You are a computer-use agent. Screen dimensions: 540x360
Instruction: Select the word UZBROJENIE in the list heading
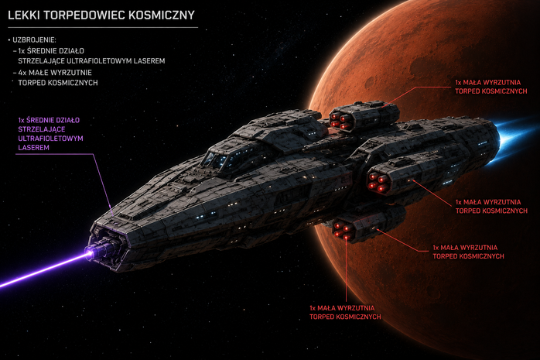[x=33, y=40]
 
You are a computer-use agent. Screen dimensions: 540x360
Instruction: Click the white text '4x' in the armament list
[x=22, y=73]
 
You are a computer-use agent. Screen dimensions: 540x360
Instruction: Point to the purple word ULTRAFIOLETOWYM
[x=50, y=139]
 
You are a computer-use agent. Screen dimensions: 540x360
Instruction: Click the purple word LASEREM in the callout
[x=33, y=148]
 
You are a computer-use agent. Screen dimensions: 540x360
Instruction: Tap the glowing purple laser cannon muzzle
[x=91, y=254]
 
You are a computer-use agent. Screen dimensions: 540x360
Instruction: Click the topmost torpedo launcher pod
[x=364, y=116]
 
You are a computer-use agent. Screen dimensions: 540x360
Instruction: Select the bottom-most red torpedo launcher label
[x=345, y=313]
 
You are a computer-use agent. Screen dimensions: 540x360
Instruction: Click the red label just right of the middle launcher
[x=491, y=207]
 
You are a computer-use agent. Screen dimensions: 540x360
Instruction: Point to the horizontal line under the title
[x=103, y=27]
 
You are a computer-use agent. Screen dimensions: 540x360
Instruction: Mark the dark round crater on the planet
[x=370, y=82]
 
